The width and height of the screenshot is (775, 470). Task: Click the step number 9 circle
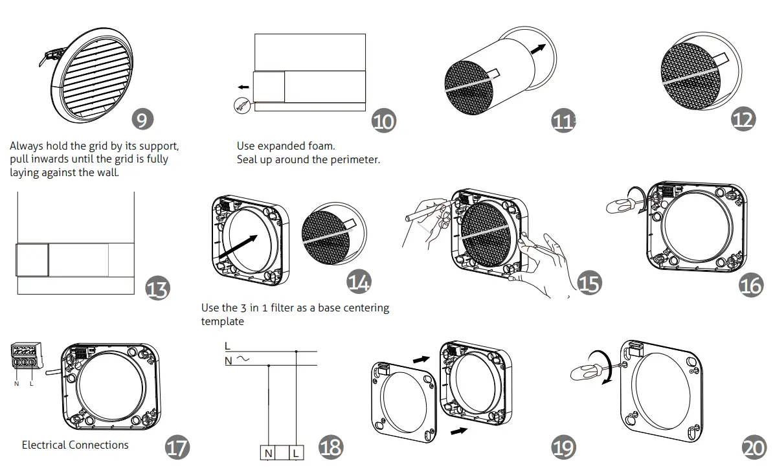tap(142, 118)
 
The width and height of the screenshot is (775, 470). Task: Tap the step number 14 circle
tap(359, 282)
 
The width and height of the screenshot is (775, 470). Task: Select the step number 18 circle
tap(331, 446)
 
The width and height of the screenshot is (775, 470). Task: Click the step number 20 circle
tap(754, 448)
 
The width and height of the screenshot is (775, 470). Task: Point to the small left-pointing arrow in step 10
tap(243, 87)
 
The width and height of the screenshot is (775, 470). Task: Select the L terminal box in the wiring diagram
tap(295, 453)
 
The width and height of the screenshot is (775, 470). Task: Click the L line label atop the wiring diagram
tap(227, 346)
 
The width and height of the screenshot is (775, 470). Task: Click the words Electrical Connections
tap(75, 445)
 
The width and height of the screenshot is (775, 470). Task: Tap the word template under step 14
tap(223, 321)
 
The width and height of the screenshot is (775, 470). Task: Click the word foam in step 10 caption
tap(322, 146)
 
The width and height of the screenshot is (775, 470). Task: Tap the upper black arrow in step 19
tap(420, 358)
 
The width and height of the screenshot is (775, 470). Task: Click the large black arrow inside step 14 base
tap(243, 247)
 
